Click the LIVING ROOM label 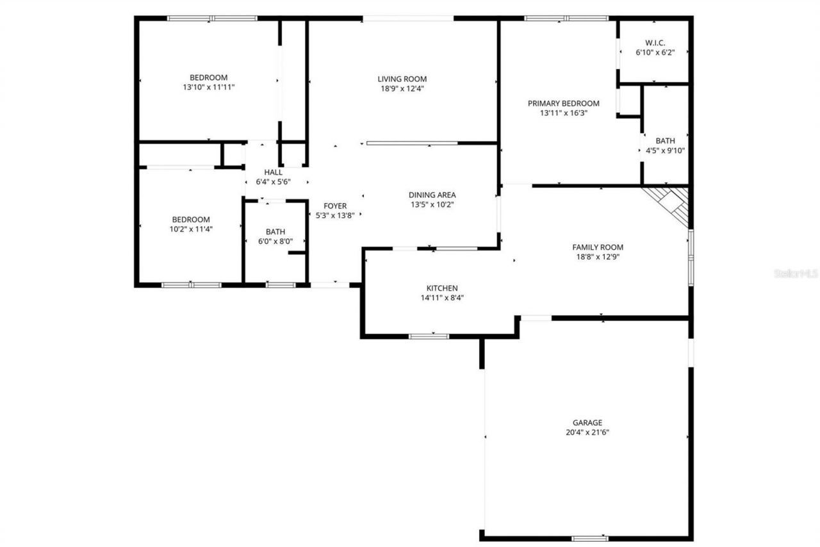click(402, 79)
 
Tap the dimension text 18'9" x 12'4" click(402, 89)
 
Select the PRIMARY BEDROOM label click(563, 103)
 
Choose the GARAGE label click(587, 423)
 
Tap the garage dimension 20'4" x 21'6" click(587, 432)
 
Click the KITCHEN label click(442, 288)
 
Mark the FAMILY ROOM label click(597, 247)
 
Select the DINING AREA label click(432, 195)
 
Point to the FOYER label click(335, 206)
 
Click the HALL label click(273, 172)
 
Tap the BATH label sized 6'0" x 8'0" click(275, 232)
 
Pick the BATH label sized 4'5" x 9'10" click(665, 141)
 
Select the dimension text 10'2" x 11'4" click(190, 229)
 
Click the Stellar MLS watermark click(796, 273)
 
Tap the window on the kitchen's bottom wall click(429, 336)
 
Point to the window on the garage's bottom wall click(590, 538)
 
